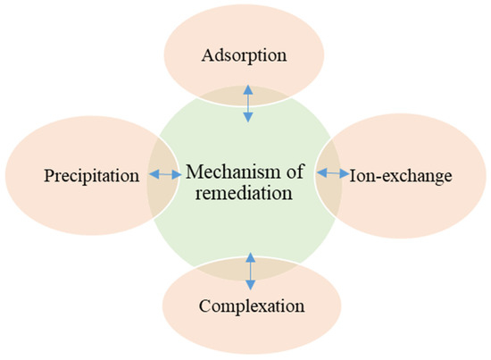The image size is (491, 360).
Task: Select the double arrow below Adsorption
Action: point(248,105)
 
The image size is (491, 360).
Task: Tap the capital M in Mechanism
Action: point(190,166)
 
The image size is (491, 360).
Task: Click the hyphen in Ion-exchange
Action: point(374,176)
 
